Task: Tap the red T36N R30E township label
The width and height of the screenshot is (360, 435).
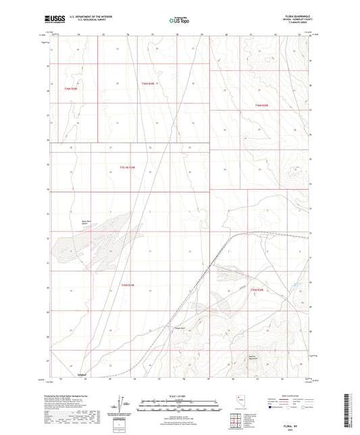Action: pos(261,106)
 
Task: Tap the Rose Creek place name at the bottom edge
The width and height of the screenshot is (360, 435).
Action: pos(82,374)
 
